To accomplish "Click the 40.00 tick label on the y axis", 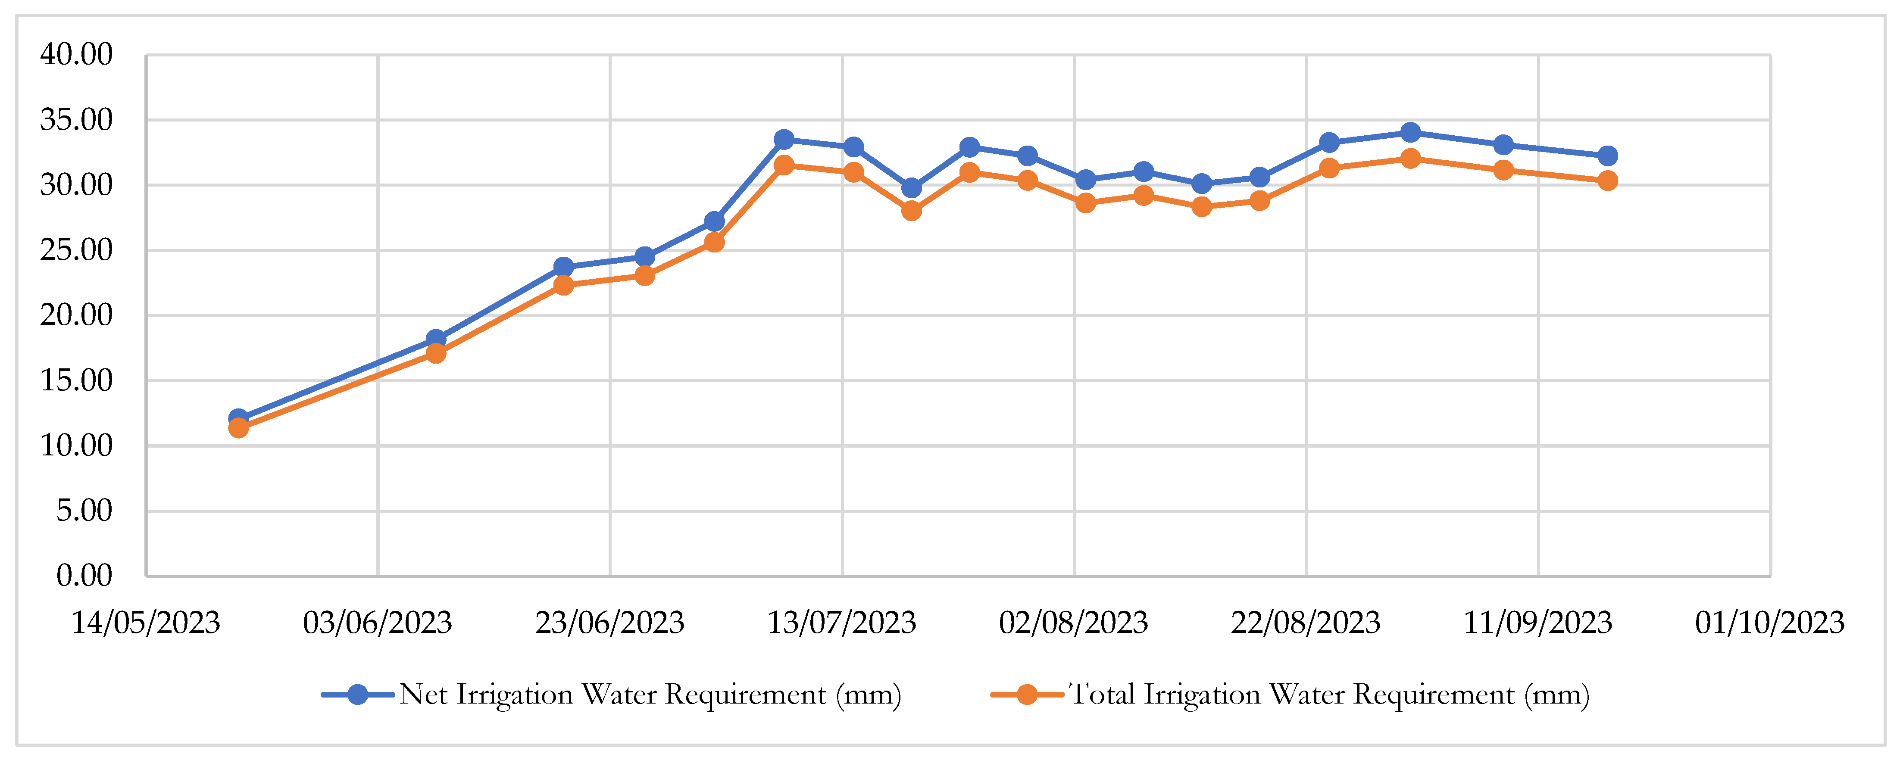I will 76,55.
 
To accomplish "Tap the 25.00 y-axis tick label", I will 76,250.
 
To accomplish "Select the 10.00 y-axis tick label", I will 76,445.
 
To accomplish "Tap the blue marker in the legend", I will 358,695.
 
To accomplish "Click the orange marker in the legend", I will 1027,695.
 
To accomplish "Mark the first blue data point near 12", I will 238,419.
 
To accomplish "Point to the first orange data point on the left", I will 238,428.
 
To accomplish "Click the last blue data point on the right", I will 1607,156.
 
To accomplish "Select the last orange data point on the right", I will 1607,181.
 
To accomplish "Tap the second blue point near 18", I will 436,339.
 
